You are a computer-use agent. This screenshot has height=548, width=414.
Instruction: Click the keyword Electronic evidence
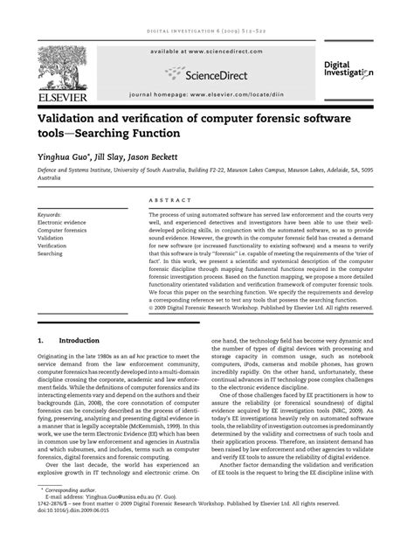(x=62, y=221)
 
